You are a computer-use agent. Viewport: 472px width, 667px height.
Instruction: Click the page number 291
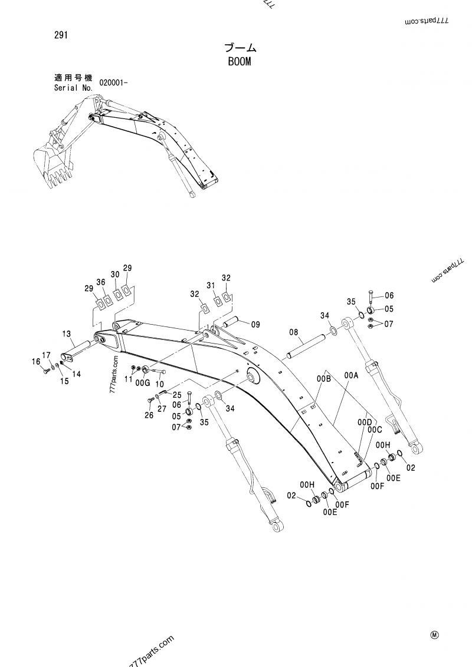(60, 35)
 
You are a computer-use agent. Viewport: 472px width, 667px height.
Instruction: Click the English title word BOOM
(238, 61)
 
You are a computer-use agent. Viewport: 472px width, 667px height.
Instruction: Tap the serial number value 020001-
(109, 83)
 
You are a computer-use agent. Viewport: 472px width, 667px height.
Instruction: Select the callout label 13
(67, 333)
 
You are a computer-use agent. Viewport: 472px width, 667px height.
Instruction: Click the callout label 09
(255, 323)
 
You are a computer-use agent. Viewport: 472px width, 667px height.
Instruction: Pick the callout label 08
(293, 332)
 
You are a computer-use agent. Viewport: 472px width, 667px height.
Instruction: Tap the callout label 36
(101, 282)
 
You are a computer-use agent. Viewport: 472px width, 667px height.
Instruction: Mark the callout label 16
(36, 362)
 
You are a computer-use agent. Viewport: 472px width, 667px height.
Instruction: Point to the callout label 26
(148, 415)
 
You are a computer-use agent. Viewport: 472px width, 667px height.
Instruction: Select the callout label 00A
(352, 375)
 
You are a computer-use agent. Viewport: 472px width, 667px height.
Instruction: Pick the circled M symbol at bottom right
(435, 635)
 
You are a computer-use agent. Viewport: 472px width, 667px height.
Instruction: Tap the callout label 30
(114, 275)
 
